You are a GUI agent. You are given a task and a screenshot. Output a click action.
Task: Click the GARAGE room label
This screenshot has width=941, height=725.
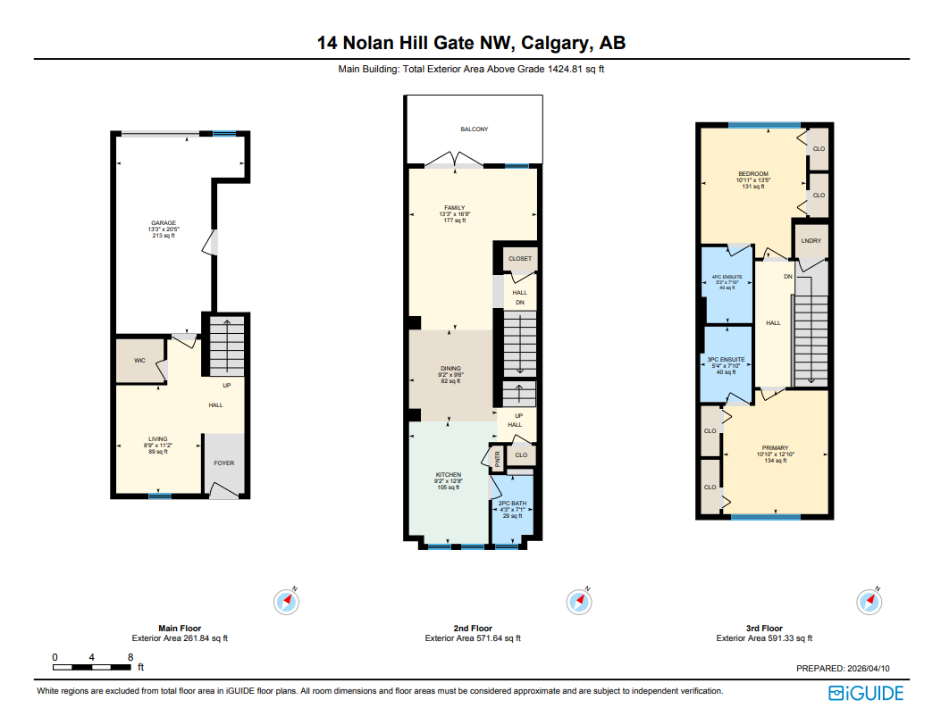click(163, 223)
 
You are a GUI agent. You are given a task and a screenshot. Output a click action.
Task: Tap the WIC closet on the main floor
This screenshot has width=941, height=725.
click(139, 361)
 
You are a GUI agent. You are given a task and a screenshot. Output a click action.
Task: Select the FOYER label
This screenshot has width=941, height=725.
click(223, 462)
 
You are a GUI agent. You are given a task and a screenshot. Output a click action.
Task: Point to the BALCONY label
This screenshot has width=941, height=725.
click(474, 129)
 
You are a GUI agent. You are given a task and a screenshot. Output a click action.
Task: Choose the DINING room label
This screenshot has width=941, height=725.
click(450, 369)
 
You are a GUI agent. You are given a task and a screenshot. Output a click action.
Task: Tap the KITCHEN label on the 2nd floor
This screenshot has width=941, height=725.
click(448, 474)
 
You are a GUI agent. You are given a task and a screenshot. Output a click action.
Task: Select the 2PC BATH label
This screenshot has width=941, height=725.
click(513, 504)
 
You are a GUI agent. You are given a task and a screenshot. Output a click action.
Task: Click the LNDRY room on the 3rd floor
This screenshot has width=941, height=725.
click(811, 241)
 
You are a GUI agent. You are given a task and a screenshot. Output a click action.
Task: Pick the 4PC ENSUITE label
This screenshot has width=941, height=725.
click(727, 277)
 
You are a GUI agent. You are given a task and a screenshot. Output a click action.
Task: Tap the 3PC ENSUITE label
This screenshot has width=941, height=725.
click(726, 359)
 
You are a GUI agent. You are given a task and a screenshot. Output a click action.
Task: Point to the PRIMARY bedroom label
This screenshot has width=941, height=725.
click(775, 448)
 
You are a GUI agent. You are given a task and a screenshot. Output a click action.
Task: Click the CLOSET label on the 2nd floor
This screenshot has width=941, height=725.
click(519, 259)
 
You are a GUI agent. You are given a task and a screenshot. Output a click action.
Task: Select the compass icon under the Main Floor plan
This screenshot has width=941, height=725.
click(286, 602)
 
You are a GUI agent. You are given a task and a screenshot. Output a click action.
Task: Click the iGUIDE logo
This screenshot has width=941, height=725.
click(866, 693)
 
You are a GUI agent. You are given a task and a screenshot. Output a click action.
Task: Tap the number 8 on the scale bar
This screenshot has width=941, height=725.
click(130, 657)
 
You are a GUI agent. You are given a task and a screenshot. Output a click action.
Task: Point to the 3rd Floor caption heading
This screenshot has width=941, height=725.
click(764, 629)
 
